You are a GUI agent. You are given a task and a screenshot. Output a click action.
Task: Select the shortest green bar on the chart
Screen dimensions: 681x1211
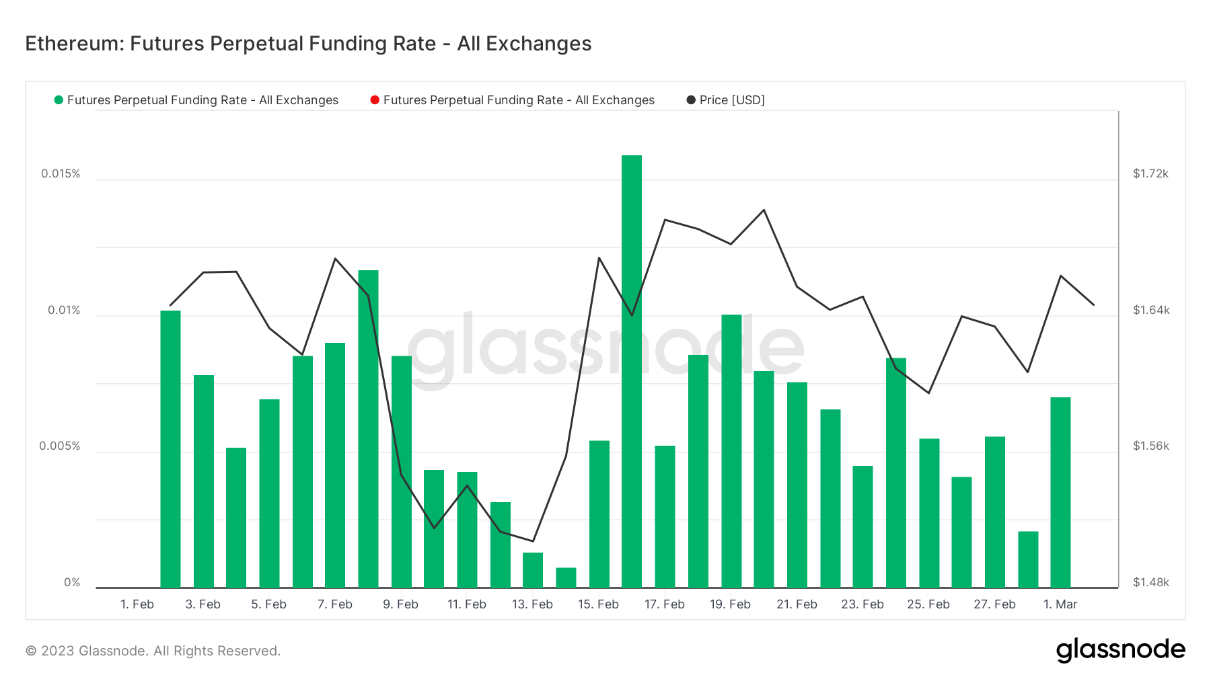click(566, 577)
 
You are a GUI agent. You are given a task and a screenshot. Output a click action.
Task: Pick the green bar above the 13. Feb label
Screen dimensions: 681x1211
click(533, 570)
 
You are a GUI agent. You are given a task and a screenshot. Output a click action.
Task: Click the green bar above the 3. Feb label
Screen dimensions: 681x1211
click(203, 481)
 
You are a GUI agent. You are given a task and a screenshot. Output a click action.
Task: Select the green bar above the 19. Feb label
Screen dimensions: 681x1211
click(731, 451)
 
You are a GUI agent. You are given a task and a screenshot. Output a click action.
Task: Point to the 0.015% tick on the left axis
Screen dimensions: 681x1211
click(61, 173)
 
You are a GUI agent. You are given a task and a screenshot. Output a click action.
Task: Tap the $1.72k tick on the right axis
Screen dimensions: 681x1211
click(1150, 173)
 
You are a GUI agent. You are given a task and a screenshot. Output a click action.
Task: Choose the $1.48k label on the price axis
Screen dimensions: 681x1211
click(1150, 582)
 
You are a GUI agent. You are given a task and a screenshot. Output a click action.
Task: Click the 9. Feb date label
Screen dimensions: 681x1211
click(400, 604)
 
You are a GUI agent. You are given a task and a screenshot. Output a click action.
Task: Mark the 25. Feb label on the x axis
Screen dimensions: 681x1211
click(928, 604)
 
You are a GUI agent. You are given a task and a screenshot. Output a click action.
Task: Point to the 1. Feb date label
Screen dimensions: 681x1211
click(137, 604)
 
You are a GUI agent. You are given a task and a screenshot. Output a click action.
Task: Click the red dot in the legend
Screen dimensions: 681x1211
click(375, 100)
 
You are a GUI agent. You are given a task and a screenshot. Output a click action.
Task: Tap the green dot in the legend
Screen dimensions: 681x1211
click(59, 100)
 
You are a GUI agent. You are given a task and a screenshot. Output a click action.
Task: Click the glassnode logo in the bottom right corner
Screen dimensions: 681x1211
click(1120, 650)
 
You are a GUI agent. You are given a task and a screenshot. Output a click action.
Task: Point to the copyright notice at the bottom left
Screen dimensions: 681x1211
click(153, 651)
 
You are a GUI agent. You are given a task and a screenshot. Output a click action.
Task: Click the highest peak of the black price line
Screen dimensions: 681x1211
click(764, 210)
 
